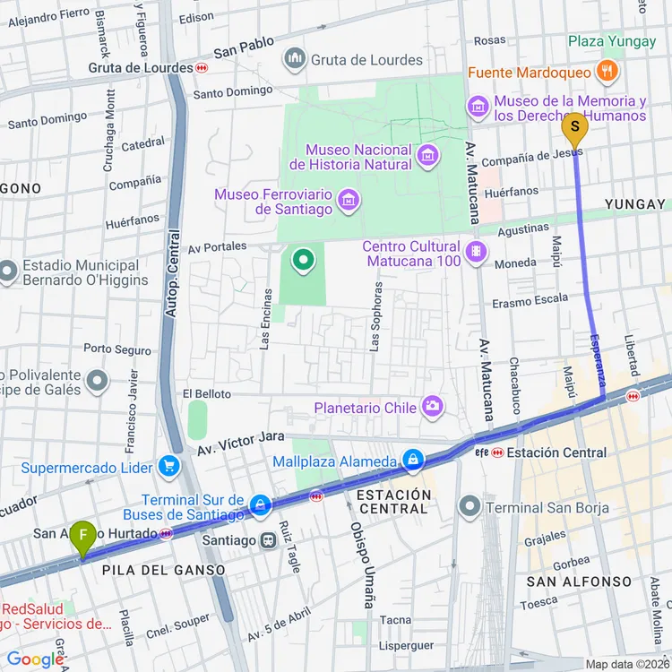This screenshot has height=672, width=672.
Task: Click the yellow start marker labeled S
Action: point(574,129)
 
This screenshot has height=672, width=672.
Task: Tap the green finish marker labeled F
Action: point(83,538)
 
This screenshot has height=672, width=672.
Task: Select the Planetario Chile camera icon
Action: point(433,408)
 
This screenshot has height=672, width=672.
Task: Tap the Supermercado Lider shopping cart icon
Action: point(168,467)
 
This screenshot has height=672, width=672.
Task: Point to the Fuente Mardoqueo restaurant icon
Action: point(608,72)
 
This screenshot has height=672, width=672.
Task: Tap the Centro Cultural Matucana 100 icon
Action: point(477,253)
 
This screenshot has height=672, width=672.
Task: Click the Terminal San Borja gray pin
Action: point(470,508)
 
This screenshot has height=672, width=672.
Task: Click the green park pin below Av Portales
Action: point(304,261)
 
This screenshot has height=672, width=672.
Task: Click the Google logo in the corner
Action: point(36,659)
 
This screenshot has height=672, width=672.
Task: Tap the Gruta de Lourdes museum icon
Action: point(295,60)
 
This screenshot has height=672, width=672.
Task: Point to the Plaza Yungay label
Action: point(612,41)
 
